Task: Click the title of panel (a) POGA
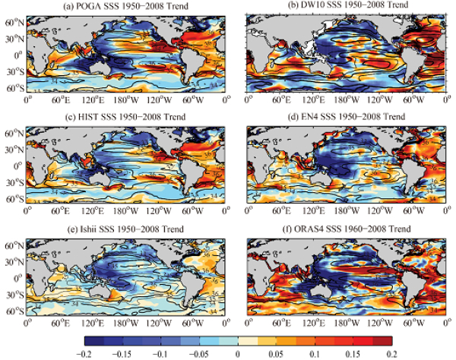[x=127, y=7]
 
